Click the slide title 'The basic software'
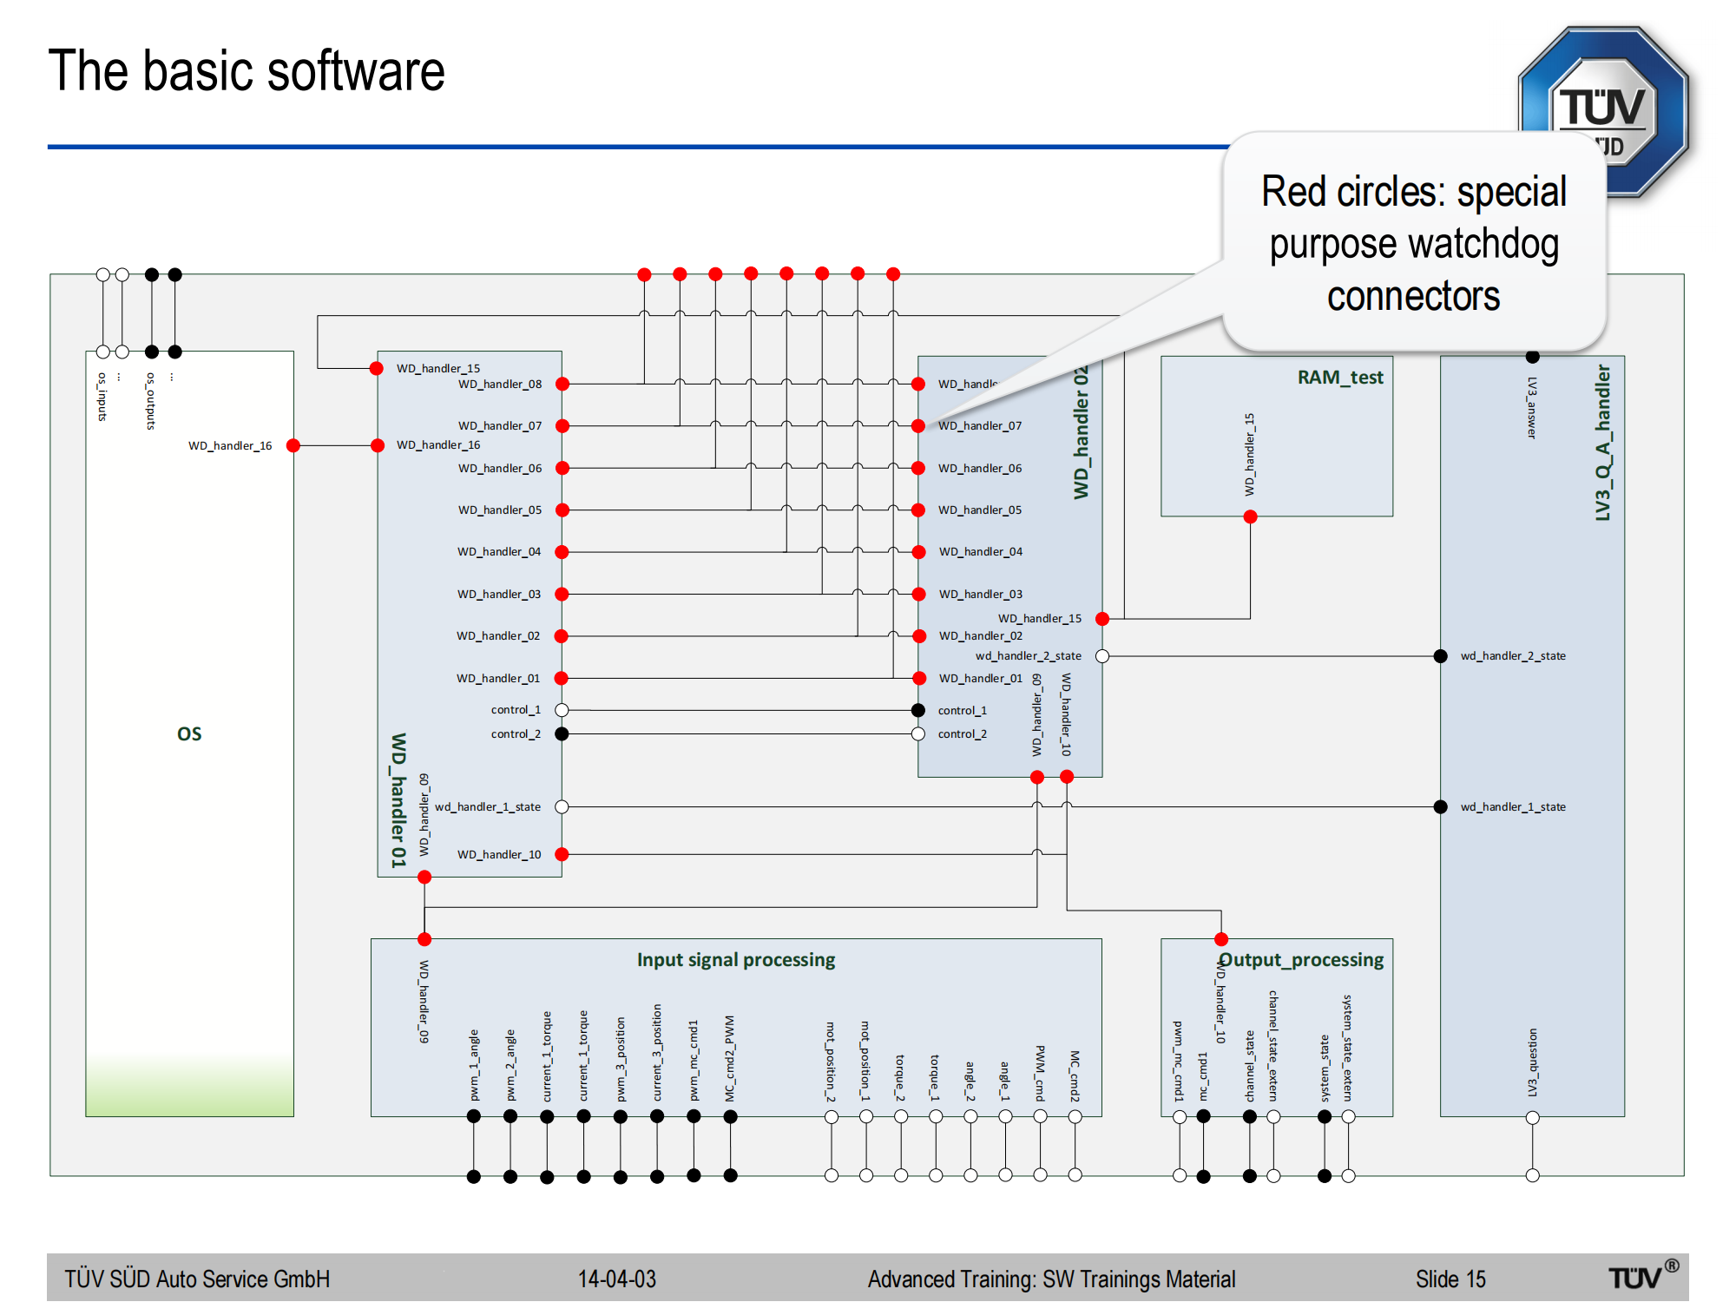(247, 71)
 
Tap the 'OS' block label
(189, 733)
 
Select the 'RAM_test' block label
(1339, 378)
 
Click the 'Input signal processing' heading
(736, 960)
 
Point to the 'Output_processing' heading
(1301, 960)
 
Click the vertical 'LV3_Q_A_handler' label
(1602, 443)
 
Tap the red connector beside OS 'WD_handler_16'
(293, 445)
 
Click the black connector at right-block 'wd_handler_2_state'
(1441, 656)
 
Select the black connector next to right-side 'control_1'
(918, 710)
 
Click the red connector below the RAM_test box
(1250, 517)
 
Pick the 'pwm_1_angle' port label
(474, 1065)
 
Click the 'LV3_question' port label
(1533, 1062)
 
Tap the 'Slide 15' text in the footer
(1450, 1279)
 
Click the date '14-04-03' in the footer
(617, 1279)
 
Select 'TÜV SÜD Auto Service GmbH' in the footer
(197, 1279)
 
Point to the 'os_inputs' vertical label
(102, 398)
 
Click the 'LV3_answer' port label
(1533, 408)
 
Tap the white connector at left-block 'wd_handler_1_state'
(562, 807)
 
